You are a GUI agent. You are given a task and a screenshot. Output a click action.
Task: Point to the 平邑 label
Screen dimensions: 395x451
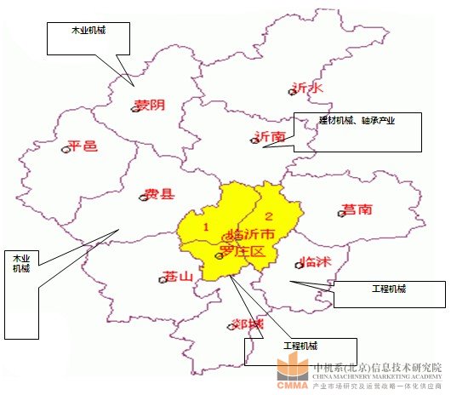pyautogui.click(x=83, y=146)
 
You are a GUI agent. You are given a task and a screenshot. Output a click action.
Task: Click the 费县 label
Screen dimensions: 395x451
pyautogui.click(x=159, y=194)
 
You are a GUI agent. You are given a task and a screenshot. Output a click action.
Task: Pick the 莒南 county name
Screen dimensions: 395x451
pyautogui.click(x=358, y=209)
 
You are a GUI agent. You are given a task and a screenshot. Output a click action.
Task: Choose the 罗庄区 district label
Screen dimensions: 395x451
pyautogui.click(x=243, y=252)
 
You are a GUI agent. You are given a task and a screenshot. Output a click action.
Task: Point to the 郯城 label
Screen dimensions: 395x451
pyautogui.click(x=248, y=324)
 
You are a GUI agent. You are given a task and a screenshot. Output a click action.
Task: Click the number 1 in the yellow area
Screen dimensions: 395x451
pyautogui.click(x=205, y=226)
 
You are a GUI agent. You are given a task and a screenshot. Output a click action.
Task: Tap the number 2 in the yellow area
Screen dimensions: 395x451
pyautogui.click(x=269, y=215)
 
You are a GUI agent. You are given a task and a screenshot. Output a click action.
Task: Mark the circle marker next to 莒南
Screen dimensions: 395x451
pyautogui.click(x=341, y=214)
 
